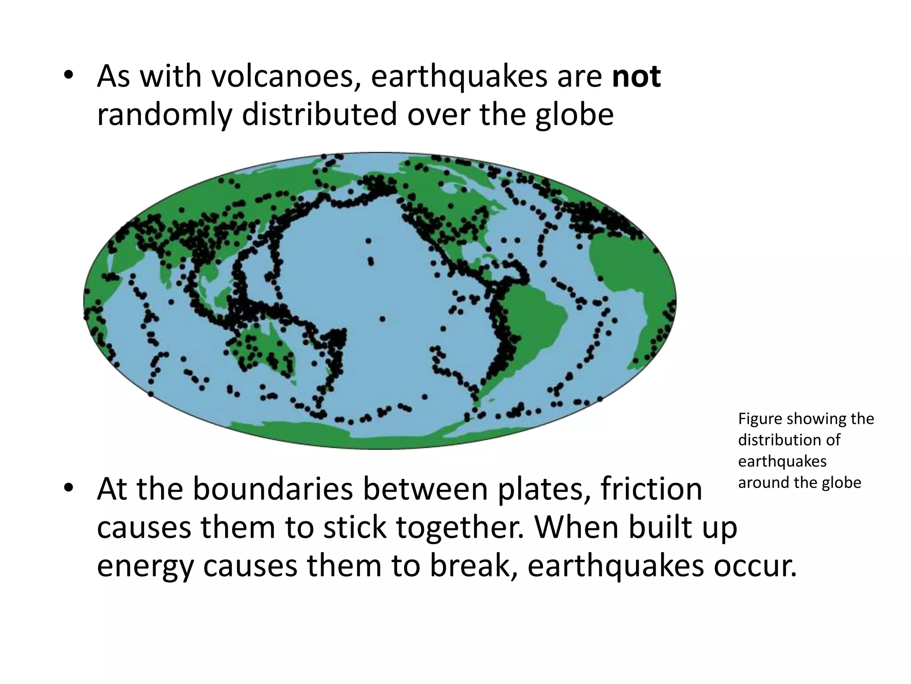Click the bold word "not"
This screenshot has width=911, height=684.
tap(636, 77)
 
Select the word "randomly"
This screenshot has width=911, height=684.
tap(164, 115)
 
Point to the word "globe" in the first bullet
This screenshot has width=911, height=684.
tap(574, 115)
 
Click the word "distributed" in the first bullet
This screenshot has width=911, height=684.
tap(319, 115)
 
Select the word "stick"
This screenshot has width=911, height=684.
tap(355, 528)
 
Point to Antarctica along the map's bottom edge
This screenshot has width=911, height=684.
tap(378, 439)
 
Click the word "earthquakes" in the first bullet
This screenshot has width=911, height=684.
tap(459, 77)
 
